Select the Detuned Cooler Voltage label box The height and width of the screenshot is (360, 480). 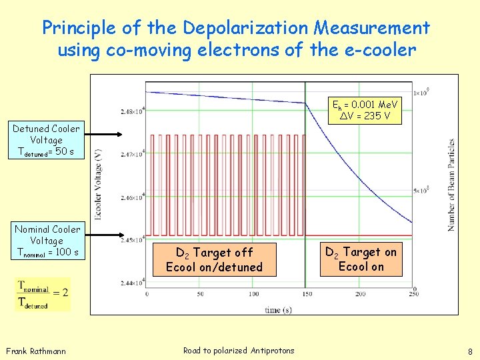(46, 141)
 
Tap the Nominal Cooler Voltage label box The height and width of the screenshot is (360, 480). (47, 241)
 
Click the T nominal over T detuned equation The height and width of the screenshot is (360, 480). (42, 295)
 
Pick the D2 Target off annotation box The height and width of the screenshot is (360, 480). (214, 260)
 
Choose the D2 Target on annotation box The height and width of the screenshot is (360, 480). (361, 259)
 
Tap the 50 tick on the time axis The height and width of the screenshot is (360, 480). (199, 294)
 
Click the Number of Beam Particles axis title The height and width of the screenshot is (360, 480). (451, 185)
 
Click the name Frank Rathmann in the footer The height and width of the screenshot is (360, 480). (36, 351)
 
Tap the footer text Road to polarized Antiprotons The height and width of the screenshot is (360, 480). (239, 351)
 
